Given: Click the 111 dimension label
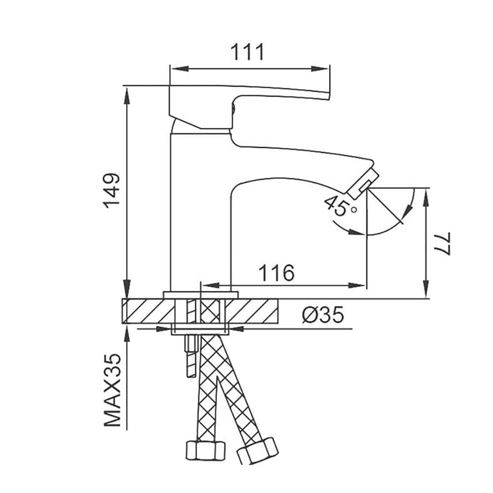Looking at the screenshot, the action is point(247,52).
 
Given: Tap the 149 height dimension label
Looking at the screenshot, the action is point(112,190).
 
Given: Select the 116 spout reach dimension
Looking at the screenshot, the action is point(277,273).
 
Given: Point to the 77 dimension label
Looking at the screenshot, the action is point(443,244).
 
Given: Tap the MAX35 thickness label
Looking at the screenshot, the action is point(112,390).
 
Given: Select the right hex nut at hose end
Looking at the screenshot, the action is point(257,450).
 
